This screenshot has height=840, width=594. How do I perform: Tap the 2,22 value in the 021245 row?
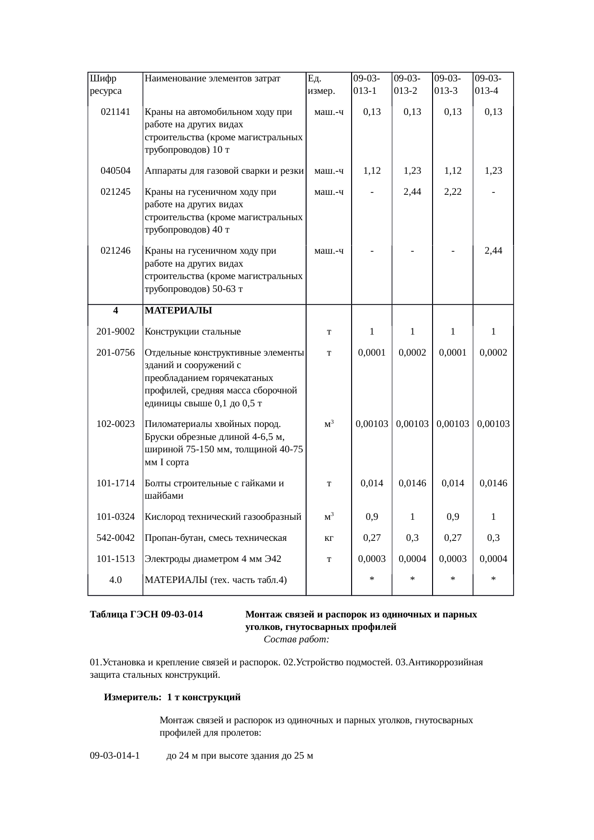click(453, 192)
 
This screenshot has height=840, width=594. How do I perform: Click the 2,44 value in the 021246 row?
click(493, 251)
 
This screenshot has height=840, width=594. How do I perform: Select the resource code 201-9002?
click(115, 332)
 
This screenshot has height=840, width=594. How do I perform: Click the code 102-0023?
click(115, 424)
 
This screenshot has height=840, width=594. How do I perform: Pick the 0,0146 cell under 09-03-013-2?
click(412, 483)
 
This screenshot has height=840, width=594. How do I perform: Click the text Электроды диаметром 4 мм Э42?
click(213, 559)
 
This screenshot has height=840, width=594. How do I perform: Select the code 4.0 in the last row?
click(115, 580)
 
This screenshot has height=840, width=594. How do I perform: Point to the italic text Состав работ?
click(296, 639)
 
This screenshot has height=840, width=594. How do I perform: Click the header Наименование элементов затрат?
click(212, 78)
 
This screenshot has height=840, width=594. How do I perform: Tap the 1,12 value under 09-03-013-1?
click(372, 171)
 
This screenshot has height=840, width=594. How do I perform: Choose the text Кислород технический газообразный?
click(223, 517)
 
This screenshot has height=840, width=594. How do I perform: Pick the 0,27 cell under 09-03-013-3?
click(453, 538)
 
